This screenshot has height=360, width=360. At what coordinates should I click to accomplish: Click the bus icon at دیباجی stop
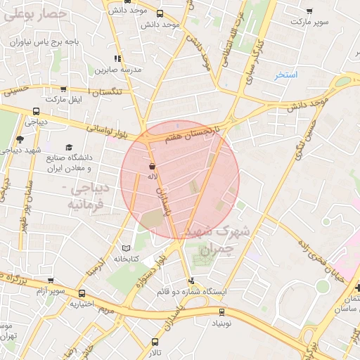[x=36, y=111]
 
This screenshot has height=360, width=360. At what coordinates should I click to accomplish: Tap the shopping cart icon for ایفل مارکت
[x=63, y=89]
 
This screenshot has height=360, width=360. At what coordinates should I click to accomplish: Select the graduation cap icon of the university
[x=69, y=147]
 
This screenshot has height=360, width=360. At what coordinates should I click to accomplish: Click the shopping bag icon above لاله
[x=152, y=167]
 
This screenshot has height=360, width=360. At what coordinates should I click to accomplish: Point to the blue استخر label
[x=286, y=75]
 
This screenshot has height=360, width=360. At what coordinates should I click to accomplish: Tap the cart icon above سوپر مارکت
[x=309, y=11]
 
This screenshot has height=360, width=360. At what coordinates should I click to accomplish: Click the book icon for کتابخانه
[x=126, y=248]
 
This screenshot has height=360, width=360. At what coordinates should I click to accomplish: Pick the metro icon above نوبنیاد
[x=222, y=312]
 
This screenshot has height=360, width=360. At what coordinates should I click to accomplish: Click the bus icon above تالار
[x=155, y=341]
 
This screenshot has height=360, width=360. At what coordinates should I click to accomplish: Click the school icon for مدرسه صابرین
[x=117, y=58]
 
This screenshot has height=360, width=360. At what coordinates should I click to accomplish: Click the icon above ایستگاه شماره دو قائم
[x=191, y=281]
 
